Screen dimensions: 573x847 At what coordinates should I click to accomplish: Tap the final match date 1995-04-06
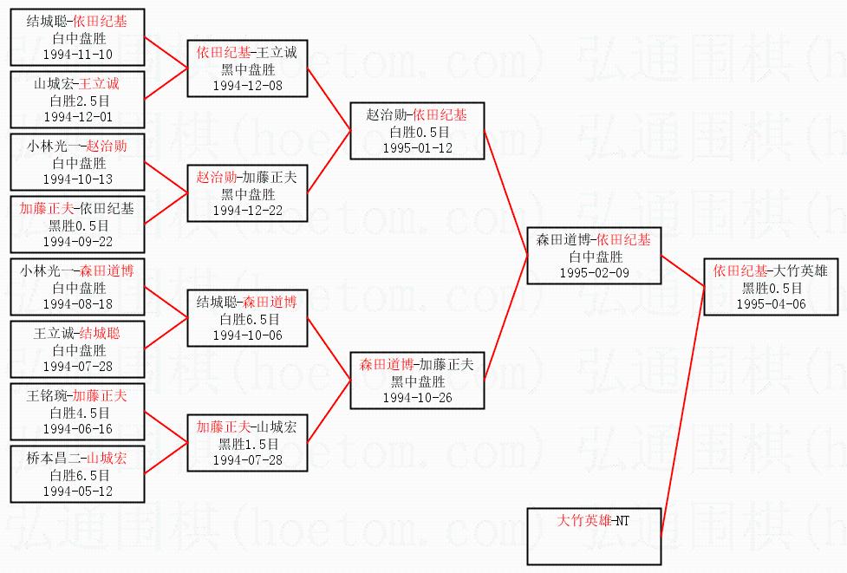pyautogui.click(x=771, y=304)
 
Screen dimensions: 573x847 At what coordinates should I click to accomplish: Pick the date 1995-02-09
pyautogui.click(x=593, y=273)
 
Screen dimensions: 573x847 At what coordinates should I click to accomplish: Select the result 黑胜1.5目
pyautogui.click(x=247, y=443)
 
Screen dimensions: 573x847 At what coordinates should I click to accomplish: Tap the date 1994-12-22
pyautogui.click(x=247, y=210)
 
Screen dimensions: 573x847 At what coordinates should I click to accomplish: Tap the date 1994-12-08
pyautogui.click(x=246, y=85)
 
